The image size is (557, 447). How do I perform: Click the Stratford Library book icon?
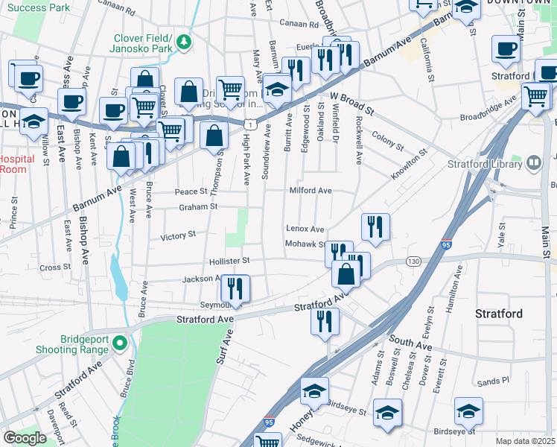click(x=533, y=162)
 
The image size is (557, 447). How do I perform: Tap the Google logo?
click(x=25, y=438)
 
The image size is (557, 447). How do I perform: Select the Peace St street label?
click(x=190, y=191)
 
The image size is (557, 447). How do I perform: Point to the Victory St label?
click(x=178, y=235)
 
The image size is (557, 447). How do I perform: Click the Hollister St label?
click(x=229, y=261)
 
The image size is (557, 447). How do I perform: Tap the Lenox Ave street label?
click(x=305, y=229)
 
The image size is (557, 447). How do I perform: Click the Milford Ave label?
click(x=311, y=191)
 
